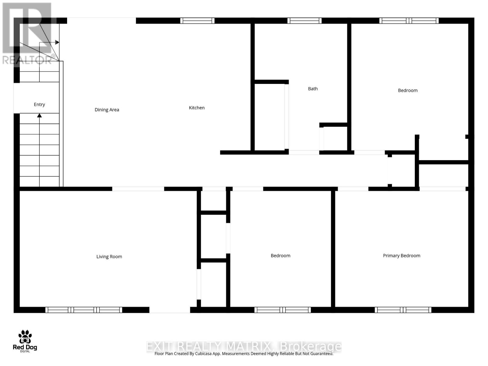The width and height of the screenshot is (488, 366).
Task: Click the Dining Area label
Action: click(107, 110)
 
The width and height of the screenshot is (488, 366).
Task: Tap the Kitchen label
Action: click(197, 108)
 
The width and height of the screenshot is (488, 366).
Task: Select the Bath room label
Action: click(313, 89)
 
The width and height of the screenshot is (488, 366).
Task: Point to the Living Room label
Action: click(109, 257)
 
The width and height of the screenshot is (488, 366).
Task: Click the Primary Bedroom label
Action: click(401, 256)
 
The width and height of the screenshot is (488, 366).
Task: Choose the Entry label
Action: click(39, 105)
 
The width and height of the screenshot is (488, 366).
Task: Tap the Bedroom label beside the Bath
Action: click(407, 90)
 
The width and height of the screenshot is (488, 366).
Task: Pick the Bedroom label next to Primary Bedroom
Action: click(280, 256)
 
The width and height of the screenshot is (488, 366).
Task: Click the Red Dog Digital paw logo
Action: click(25, 337)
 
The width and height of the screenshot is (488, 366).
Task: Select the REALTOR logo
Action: click(27, 34)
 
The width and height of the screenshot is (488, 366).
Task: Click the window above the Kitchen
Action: click(197, 21)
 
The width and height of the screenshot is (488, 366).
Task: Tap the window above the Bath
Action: click(304, 21)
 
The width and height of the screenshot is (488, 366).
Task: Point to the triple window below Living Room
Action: click(84, 310)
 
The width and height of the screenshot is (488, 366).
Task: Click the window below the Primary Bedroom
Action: click(403, 310)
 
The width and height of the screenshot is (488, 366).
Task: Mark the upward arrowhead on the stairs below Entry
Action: click(39, 116)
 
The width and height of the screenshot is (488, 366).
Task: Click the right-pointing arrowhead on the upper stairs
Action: click(57, 42)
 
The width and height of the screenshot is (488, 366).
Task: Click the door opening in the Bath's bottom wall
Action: click(304, 152)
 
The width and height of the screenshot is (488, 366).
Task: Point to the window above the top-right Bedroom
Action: click(409, 21)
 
